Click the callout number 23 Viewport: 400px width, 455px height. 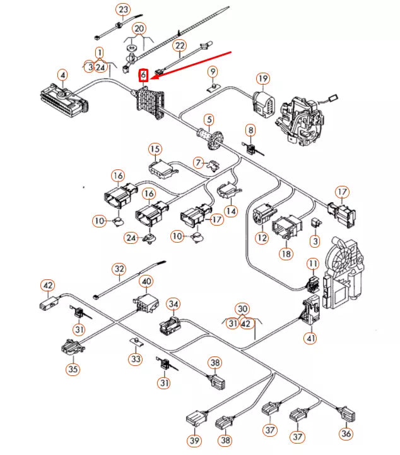coord(122,9)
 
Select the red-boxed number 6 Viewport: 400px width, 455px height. coord(144,76)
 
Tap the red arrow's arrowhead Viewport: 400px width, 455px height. coord(152,80)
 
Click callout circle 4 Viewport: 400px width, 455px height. coord(62,76)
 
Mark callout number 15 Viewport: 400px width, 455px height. coord(155,149)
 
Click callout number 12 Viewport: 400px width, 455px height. coord(262,238)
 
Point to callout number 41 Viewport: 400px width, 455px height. coord(310,338)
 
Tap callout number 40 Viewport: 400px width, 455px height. coord(146,281)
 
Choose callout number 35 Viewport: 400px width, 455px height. coord(73,369)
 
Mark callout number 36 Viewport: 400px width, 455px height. coord(346,434)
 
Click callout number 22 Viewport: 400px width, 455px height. coord(180,46)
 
